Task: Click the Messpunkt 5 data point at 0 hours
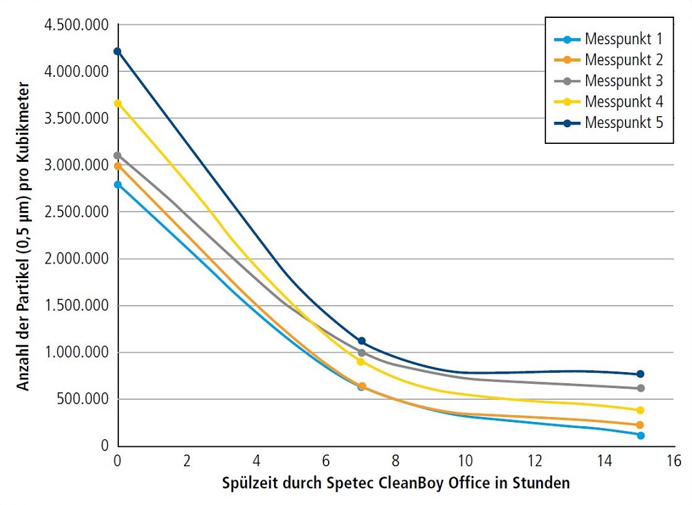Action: (x=118, y=51)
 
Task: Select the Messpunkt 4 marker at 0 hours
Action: (x=118, y=104)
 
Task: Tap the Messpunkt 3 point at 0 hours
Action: (x=118, y=156)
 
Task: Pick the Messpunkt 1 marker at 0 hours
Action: (x=118, y=185)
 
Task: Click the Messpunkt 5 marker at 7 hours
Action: (x=361, y=342)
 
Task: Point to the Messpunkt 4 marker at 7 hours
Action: (x=361, y=362)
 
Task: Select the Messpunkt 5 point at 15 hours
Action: (x=640, y=374)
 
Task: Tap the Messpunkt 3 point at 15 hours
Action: (x=640, y=388)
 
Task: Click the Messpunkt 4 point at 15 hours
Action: (x=640, y=410)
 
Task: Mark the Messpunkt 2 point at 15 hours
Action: (x=640, y=425)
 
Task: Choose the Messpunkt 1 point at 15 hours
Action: (x=640, y=435)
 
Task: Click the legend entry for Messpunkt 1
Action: (x=623, y=37)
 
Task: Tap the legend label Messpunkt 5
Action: (x=623, y=123)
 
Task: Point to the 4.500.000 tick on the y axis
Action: (x=76, y=25)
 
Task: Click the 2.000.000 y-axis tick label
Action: (x=76, y=259)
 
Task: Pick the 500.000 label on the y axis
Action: (x=82, y=399)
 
